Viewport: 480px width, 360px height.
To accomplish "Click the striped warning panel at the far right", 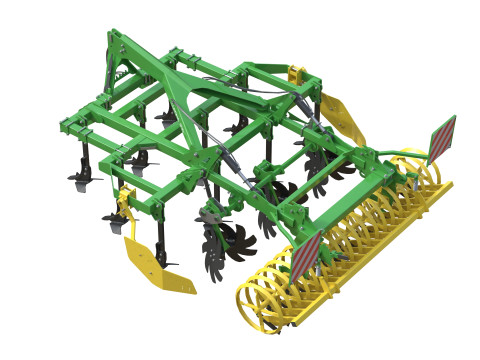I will coord(443,137).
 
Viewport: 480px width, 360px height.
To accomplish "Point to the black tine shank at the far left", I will coord(82,160).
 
